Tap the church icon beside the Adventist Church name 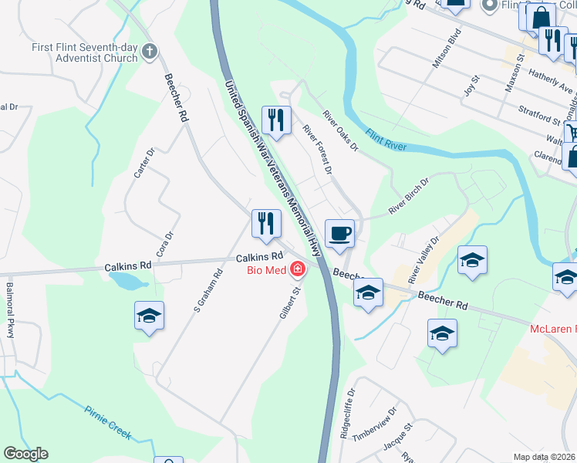pyautogui.click(x=150, y=52)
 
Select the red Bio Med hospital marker pyautogui.click(x=297, y=270)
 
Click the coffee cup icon pyautogui.click(x=339, y=233)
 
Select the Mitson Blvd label pyautogui.click(x=446, y=49)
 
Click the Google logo pyautogui.click(x=25, y=454)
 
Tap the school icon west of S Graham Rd pyautogui.click(x=149, y=316)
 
